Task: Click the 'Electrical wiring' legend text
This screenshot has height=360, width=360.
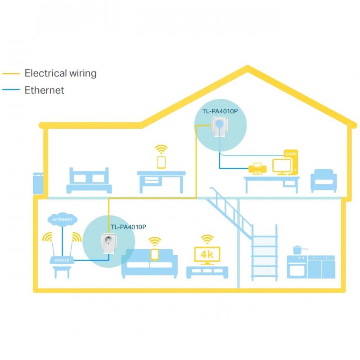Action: [x=61, y=73]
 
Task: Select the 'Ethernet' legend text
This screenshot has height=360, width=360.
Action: [x=44, y=90]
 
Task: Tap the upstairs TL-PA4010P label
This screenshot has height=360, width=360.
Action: [x=220, y=111]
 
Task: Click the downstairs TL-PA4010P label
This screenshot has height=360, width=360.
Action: [x=128, y=227]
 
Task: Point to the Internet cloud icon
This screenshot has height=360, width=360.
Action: [x=63, y=220]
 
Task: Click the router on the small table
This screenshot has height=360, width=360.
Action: [x=62, y=260]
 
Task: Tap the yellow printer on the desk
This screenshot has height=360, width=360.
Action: [x=257, y=169]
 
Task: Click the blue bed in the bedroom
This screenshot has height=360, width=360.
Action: [x=89, y=180]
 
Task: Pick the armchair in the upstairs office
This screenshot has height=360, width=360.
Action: [x=324, y=181]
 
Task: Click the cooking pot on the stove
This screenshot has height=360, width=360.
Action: [x=298, y=250]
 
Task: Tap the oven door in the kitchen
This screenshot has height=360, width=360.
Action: [x=297, y=271]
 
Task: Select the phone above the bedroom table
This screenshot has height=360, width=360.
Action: [x=162, y=162]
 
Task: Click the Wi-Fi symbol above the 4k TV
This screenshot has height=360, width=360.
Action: [x=207, y=239]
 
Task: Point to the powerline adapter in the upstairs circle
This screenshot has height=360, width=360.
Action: [x=220, y=127]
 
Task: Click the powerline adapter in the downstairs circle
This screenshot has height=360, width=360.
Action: [x=109, y=243]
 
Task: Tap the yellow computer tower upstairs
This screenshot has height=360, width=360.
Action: [x=291, y=162]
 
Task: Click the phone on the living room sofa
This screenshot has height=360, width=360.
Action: [x=155, y=255]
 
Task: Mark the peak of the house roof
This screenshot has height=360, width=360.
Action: [x=247, y=67]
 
